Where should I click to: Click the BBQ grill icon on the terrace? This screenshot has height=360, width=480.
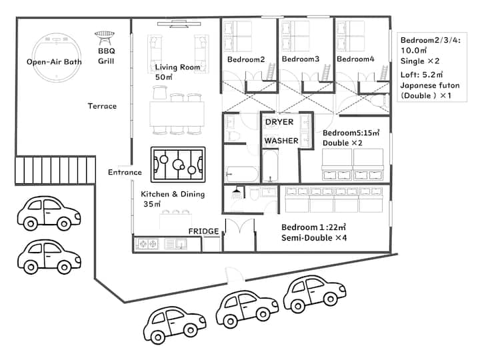105,37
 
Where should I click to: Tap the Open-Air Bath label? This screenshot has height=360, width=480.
54,62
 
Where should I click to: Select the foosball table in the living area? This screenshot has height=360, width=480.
178,165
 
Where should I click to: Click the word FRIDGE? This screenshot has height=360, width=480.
203,231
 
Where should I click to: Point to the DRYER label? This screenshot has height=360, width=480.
279,122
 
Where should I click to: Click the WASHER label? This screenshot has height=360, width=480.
281,141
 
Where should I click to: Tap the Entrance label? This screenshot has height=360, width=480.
125,173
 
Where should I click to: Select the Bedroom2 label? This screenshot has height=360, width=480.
246,59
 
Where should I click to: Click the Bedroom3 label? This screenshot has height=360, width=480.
301,59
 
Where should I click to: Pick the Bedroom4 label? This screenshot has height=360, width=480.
355,59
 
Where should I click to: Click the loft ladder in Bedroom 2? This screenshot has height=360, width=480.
270,72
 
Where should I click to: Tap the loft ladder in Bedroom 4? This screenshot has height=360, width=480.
383,73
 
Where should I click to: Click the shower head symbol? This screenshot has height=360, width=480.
236,192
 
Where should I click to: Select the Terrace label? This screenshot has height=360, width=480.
102,106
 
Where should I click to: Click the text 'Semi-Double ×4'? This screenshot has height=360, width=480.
314,238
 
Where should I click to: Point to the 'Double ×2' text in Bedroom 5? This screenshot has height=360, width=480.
343,143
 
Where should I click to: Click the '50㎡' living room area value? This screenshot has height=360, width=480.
164,77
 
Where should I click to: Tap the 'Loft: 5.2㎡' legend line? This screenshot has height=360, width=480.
421,75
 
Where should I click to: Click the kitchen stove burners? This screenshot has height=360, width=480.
147,244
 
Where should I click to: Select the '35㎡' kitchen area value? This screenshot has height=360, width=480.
152,204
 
